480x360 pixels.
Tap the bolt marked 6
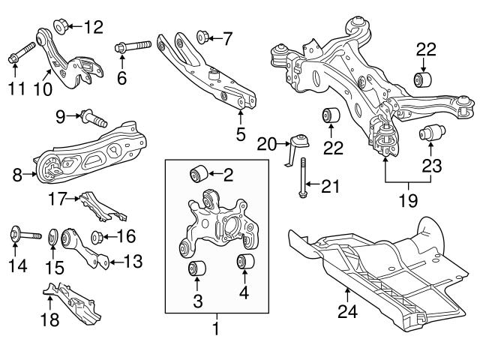point(133,47)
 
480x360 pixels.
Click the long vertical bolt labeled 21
point(302,179)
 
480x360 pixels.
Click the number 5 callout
point(240,134)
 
